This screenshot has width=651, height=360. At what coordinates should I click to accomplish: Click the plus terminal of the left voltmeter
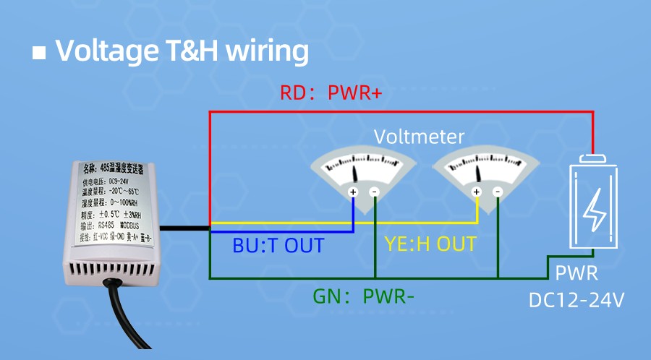(353, 192)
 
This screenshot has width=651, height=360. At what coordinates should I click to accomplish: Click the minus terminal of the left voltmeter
(375, 192)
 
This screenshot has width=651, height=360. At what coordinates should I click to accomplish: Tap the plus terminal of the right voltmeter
(476, 192)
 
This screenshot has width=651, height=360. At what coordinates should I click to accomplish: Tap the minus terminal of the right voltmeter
(498, 192)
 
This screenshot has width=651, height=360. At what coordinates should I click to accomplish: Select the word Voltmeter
(419, 137)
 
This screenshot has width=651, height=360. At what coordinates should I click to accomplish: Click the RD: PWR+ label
(331, 93)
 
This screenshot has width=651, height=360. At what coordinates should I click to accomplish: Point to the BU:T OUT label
(278, 245)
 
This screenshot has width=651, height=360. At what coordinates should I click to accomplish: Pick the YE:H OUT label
(430, 244)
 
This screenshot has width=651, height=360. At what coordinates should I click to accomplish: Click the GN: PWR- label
(363, 296)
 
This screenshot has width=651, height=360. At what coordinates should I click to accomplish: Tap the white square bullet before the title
(40, 53)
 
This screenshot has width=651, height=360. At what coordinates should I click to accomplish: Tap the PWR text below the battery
(576, 274)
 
